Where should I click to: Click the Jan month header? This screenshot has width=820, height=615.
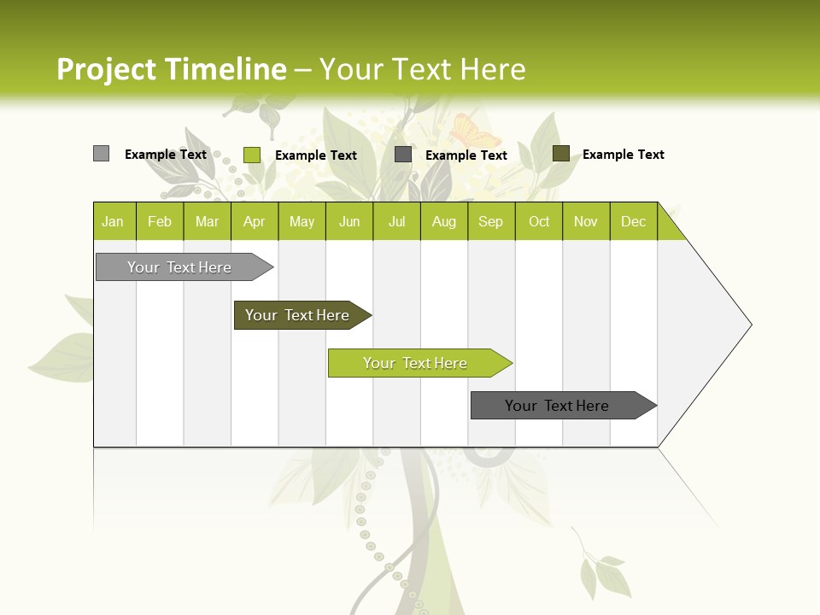[x=114, y=221]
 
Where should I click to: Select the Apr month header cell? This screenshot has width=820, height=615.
[x=255, y=221]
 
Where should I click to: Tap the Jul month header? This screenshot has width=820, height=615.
[x=396, y=221]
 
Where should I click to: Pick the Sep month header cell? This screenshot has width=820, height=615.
[x=491, y=221]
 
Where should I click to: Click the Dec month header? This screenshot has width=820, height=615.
[x=633, y=221]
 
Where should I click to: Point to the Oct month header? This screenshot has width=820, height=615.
[x=539, y=221]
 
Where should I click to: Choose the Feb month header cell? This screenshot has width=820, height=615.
[x=160, y=221]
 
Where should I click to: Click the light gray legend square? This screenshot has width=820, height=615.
[x=102, y=154]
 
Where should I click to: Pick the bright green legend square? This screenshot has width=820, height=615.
[x=252, y=155]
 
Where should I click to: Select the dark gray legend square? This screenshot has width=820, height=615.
[x=403, y=155]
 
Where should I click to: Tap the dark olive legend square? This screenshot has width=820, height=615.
[x=561, y=154]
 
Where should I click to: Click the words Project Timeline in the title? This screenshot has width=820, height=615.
[x=171, y=69]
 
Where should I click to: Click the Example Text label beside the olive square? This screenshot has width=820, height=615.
[x=623, y=155]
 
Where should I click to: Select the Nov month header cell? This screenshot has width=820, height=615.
[x=586, y=221]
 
